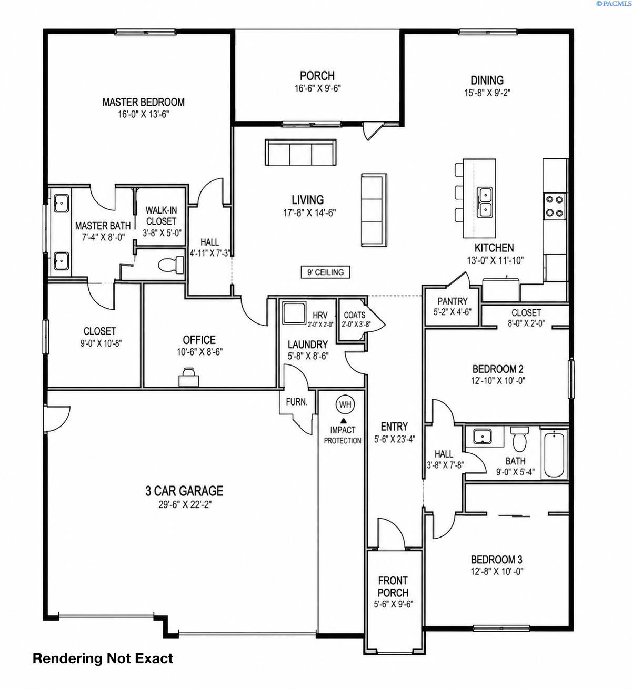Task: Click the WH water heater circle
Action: click(x=345, y=404)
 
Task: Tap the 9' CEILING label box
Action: click(x=325, y=272)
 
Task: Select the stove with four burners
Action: click(x=554, y=206)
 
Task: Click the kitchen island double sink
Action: click(x=485, y=202)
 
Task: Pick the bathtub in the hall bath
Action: click(x=554, y=454)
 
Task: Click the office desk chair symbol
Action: click(x=189, y=377)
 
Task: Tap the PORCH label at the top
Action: click(x=317, y=76)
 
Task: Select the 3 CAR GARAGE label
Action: click(x=184, y=491)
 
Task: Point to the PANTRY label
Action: click(x=452, y=301)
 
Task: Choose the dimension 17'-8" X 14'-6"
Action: click(x=309, y=213)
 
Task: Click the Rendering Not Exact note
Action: click(x=103, y=658)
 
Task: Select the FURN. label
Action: click(x=297, y=402)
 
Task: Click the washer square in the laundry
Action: click(x=294, y=313)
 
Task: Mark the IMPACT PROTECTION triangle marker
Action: click(x=343, y=420)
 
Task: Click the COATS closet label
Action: click(x=354, y=315)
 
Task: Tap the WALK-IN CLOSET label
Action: click(x=161, y=216)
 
